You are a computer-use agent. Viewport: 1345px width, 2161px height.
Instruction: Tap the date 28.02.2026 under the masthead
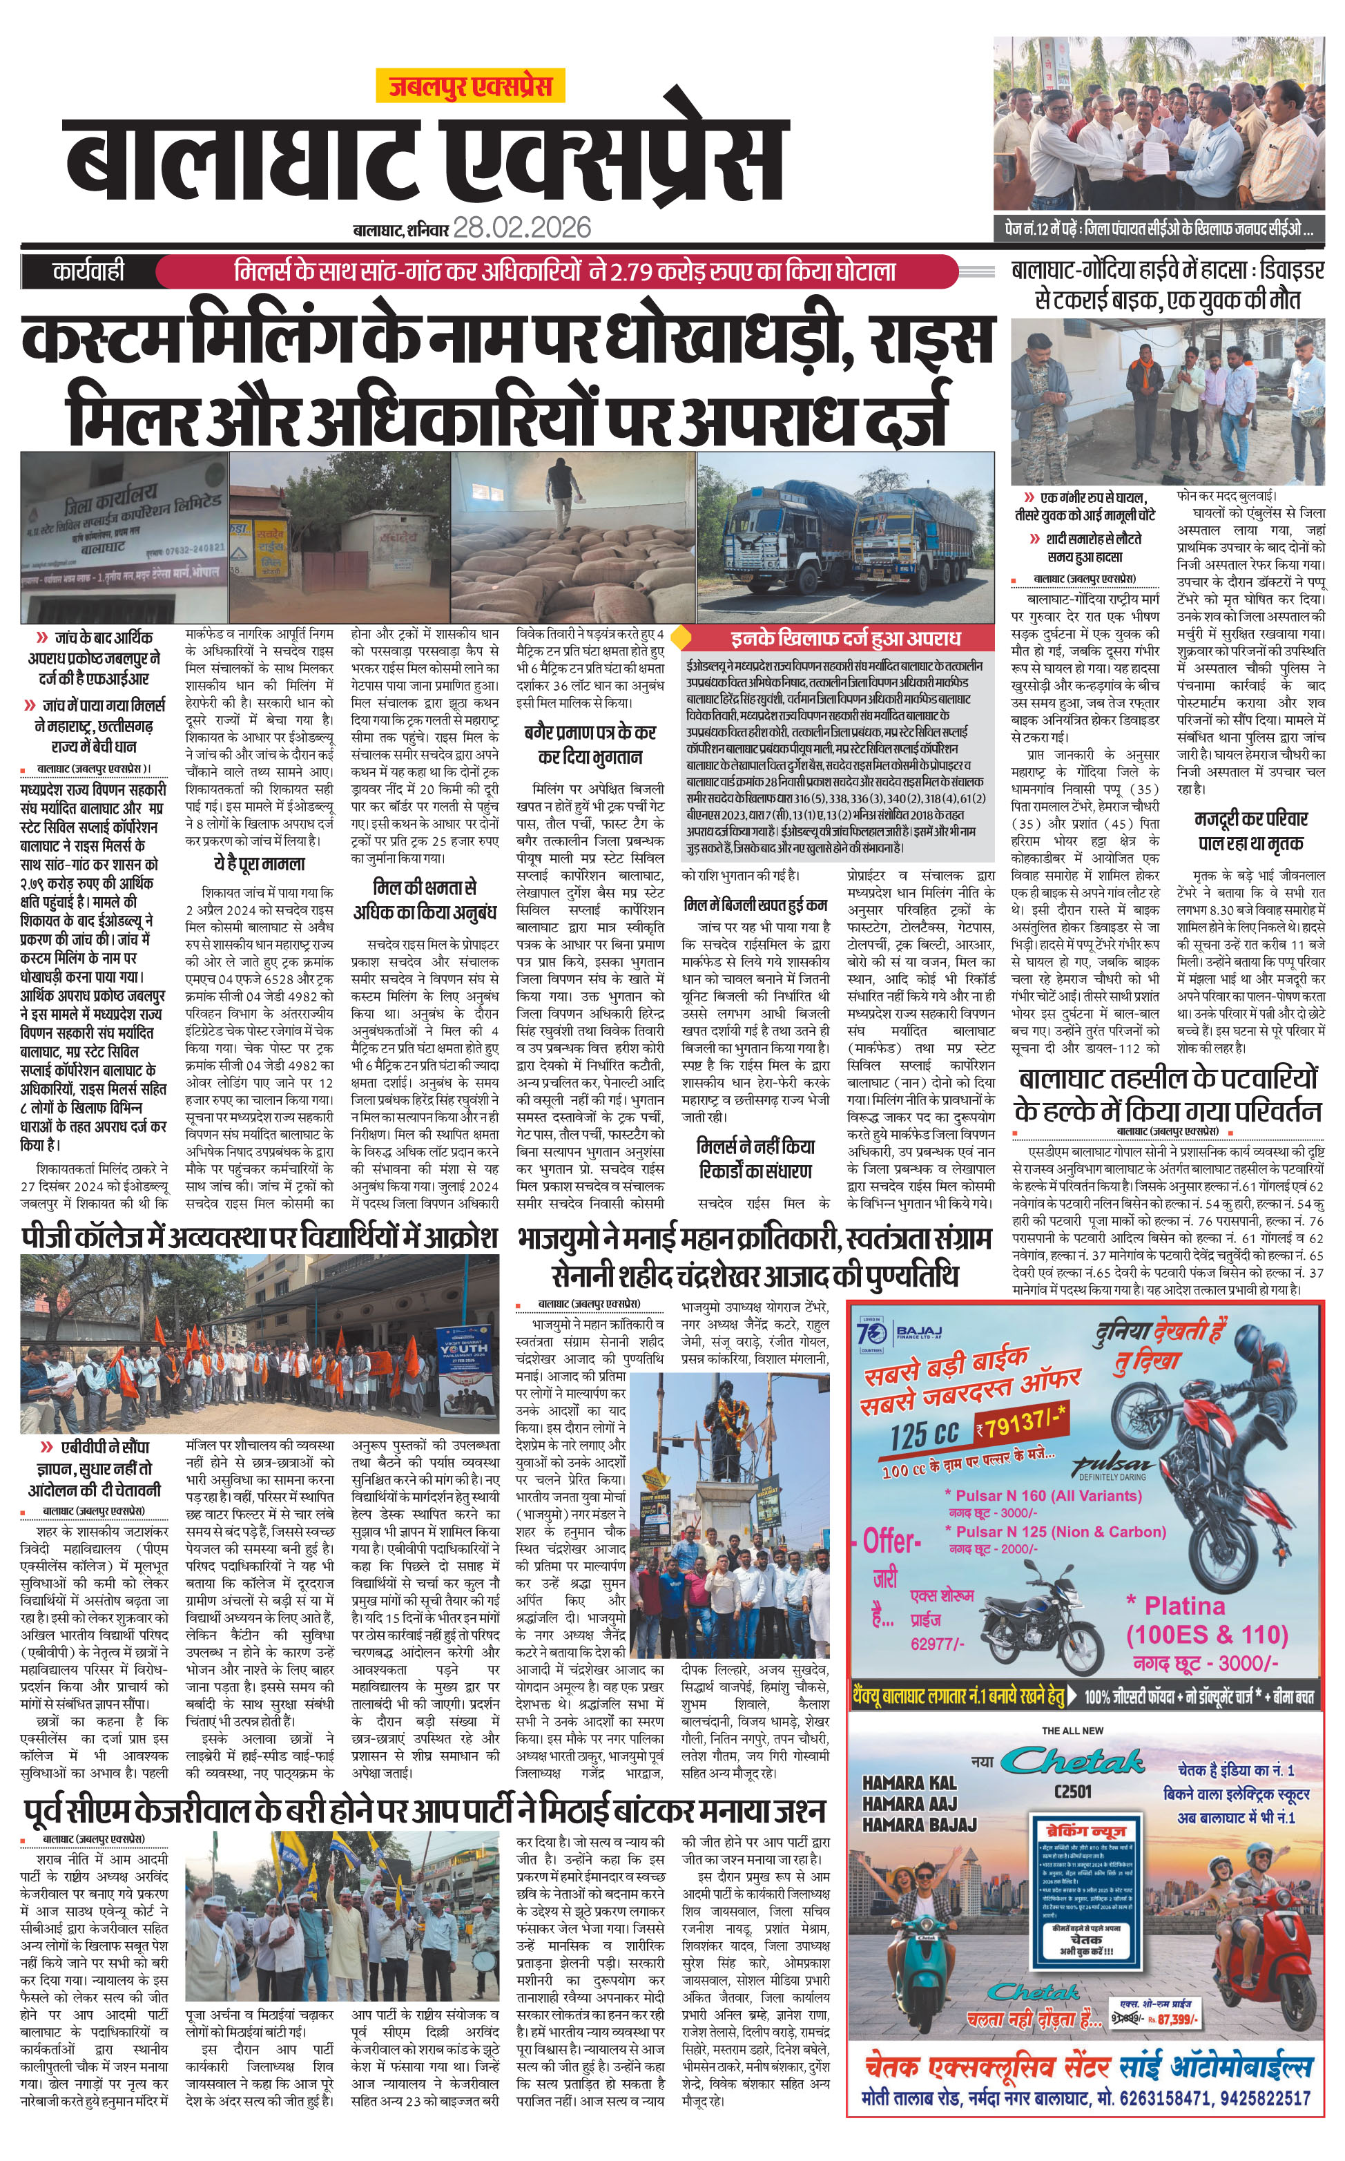click(x=521, y=228)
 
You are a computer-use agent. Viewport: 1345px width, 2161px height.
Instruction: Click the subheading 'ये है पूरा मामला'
click(x=259, y=863)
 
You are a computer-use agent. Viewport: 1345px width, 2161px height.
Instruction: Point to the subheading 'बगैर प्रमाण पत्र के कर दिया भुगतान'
click(x=590, y=745)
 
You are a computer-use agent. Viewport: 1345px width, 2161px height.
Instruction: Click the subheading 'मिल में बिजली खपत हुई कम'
click(x=755, y=905)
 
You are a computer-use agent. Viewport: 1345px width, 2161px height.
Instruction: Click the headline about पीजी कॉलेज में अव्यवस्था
click(x=259, y=1238)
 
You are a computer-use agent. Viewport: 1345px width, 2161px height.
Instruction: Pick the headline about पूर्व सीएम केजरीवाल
click(x=425, y=1809)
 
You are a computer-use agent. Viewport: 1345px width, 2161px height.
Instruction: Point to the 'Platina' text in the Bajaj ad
click(x=1183, y=1606)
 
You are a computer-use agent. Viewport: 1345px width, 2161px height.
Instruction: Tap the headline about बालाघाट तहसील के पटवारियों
click(x=1167, y=1095)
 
